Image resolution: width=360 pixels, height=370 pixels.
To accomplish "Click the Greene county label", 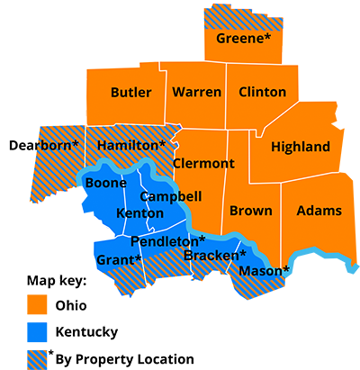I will click(x=243, y=39).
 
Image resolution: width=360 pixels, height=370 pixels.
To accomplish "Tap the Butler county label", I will click(x=130, y=92).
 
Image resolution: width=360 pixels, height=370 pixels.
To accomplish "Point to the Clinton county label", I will click(x=263, y=92).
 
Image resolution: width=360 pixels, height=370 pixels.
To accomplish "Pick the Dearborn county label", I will click(x=43, y=145).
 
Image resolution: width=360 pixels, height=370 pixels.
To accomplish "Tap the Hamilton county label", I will click(x=131, y=145).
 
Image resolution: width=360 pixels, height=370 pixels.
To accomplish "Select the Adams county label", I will click(x=319, y=211).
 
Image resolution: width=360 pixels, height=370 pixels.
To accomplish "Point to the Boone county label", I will click(x=104, y=183).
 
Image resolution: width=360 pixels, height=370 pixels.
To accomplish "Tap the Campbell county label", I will click(x=170, y=196).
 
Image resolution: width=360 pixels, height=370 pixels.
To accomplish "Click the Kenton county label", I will click(x=140, y=213).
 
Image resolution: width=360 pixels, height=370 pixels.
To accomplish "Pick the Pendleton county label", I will click(x=168, y=241).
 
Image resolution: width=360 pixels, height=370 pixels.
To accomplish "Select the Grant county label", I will click(x=119, y=260).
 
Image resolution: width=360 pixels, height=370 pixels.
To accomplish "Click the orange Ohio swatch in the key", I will click(x=38, y=305).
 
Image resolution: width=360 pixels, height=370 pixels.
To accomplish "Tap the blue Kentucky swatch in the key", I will click(x=38, y=332).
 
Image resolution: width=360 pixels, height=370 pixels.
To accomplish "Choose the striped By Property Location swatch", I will click(x=38, y=358).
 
